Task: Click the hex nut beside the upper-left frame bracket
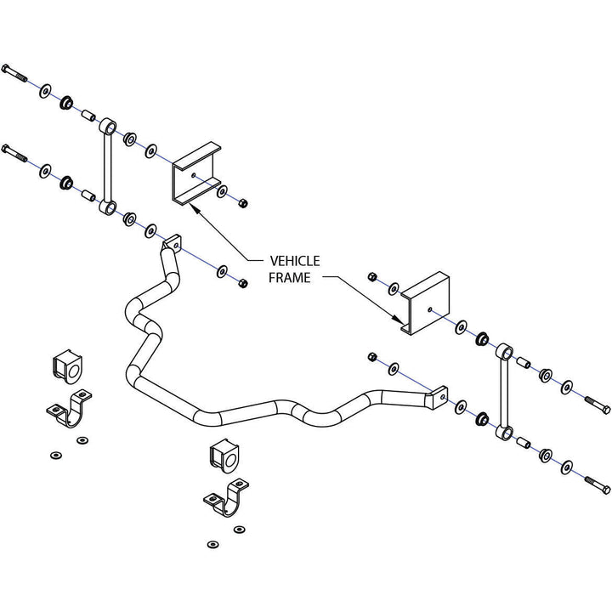[241, 203]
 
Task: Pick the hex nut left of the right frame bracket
[371, 277]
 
